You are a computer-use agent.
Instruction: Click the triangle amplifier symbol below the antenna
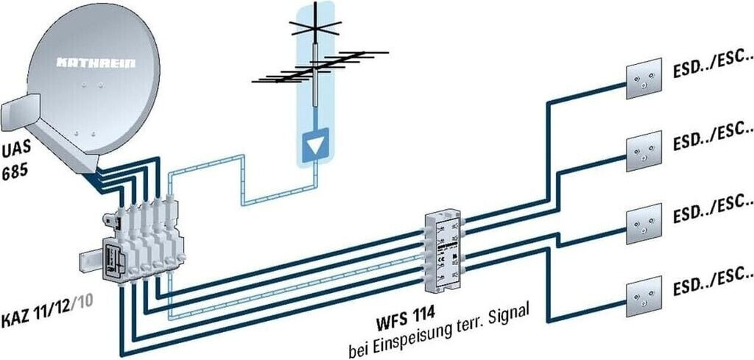tap(315, 144)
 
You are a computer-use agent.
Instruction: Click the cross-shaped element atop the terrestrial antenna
tap(316, 29)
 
